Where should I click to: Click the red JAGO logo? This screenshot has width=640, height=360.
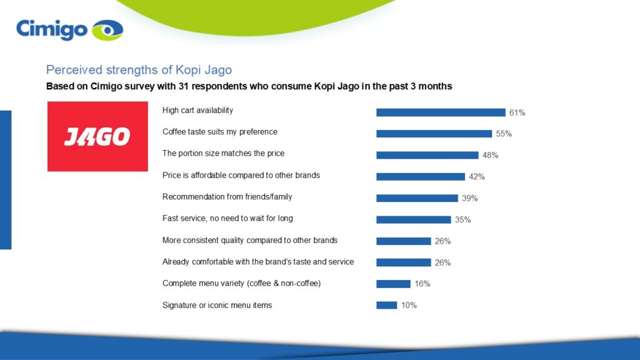coord(97,136)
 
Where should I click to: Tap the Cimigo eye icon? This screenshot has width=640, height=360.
coord(107,30)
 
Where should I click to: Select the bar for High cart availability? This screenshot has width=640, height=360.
coord(440,112)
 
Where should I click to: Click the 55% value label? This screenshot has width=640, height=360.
coord(504,134)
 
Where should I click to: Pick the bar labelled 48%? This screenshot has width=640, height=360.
coord(427,155)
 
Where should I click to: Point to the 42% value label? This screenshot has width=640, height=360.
coord(477,177)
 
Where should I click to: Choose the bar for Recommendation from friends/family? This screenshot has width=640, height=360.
coord(417,198)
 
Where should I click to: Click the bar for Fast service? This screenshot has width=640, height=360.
coord(413,219)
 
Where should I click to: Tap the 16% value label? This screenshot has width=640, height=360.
coord(422,284)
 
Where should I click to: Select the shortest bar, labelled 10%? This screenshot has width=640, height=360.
coord(386,305)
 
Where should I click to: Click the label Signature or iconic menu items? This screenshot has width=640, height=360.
coord(217,305)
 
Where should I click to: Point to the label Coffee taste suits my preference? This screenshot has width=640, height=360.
coord(219,132)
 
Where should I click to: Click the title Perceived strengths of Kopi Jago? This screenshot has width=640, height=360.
coord(139,69)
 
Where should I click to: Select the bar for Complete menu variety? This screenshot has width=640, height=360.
coord(393,284)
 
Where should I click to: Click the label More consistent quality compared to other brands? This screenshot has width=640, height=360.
coord(249,240)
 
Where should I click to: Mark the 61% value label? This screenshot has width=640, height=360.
coord(517,113)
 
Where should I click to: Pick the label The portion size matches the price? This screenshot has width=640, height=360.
coord(223,153)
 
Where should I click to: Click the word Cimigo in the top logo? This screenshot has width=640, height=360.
coord(51,29)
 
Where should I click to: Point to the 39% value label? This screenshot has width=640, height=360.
coord(469,198)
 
